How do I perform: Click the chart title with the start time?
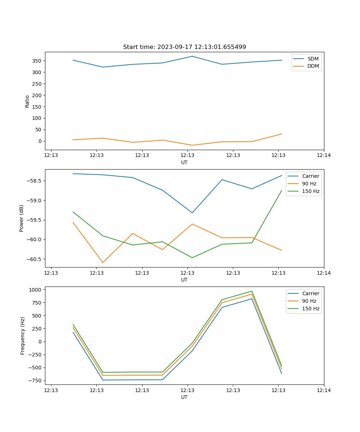pos(184,47)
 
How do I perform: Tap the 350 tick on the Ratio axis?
pos(37,61)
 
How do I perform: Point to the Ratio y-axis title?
pos(27,101)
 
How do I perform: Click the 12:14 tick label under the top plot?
pos(324,156)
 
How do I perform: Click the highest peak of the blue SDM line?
pos(192,56)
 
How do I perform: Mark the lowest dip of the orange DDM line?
pos(192,145)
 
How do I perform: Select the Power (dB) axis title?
pos(22,218)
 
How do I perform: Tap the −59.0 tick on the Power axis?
pos(35,201)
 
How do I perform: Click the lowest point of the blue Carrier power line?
pos(192,213)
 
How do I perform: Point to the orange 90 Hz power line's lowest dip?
pos(103,263)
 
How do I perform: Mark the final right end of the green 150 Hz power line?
pos(282,190)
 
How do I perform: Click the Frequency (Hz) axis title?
pos(22,336)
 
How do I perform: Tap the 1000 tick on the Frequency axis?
pos(36,289)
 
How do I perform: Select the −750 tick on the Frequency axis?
pos(36,381)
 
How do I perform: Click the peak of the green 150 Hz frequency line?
pos(252,291)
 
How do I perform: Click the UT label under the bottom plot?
pos(184,397)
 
